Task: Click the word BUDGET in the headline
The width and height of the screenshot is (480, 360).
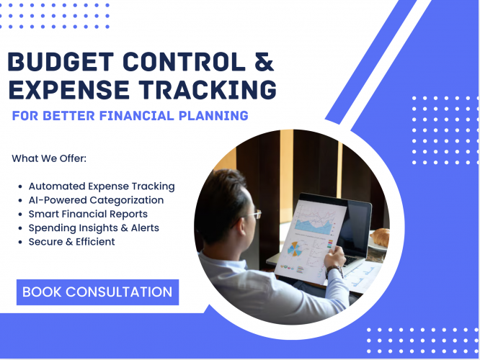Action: click(58, 63)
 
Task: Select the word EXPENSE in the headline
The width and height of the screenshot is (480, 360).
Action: click(70, 90)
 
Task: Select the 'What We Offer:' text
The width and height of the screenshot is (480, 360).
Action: click(49, 158)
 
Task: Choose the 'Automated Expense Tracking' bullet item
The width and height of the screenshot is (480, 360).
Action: click(102, 186)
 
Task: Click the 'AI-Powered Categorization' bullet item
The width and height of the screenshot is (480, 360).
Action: click(96, 199)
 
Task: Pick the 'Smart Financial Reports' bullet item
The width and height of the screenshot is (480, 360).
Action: click(88, 214)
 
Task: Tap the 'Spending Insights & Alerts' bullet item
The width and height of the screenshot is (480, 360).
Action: click(94, 228)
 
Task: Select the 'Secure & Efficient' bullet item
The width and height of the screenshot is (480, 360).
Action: click(71, 241)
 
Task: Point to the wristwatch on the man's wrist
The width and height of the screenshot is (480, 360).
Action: click(334, 271)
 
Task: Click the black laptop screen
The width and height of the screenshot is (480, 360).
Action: click(355, 227)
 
